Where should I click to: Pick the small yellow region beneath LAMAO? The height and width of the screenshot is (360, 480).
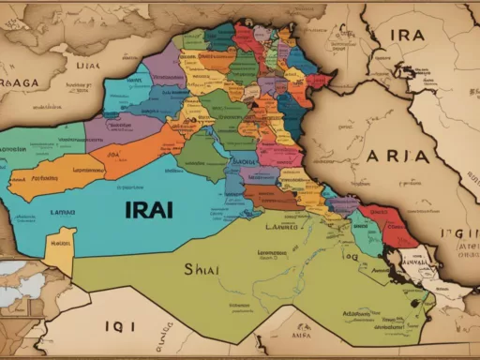pos(61,247)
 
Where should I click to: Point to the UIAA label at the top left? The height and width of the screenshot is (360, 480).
pos(87,67)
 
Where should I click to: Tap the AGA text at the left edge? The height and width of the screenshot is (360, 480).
pos(21,82)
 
